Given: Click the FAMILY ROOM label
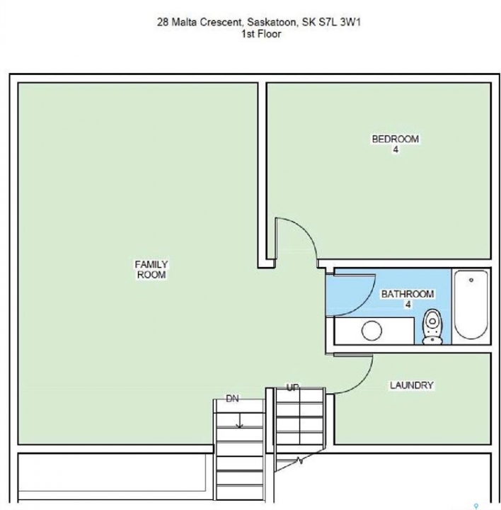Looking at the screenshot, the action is (151, 269).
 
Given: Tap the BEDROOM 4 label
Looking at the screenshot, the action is (395, 144).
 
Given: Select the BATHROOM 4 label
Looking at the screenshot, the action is (408, 299).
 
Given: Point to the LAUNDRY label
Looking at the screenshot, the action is (411, 385).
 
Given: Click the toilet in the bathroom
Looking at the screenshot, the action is (432, 327).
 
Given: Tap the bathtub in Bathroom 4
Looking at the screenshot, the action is (471, 305).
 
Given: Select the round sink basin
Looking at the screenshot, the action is (372, 331).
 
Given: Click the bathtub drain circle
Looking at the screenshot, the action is (471, 280).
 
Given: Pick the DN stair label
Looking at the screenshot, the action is (232, 398).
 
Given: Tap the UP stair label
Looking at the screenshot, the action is (292, 387).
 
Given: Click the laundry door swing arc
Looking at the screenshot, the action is (362, 382).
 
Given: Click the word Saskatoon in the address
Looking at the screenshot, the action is (272, 22).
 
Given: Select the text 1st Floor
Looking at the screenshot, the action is (261, 34).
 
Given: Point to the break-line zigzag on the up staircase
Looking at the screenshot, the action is (300, 460).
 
